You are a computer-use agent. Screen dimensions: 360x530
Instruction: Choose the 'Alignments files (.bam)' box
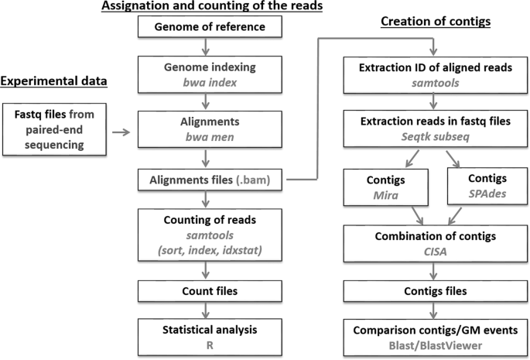pos(211,181)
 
